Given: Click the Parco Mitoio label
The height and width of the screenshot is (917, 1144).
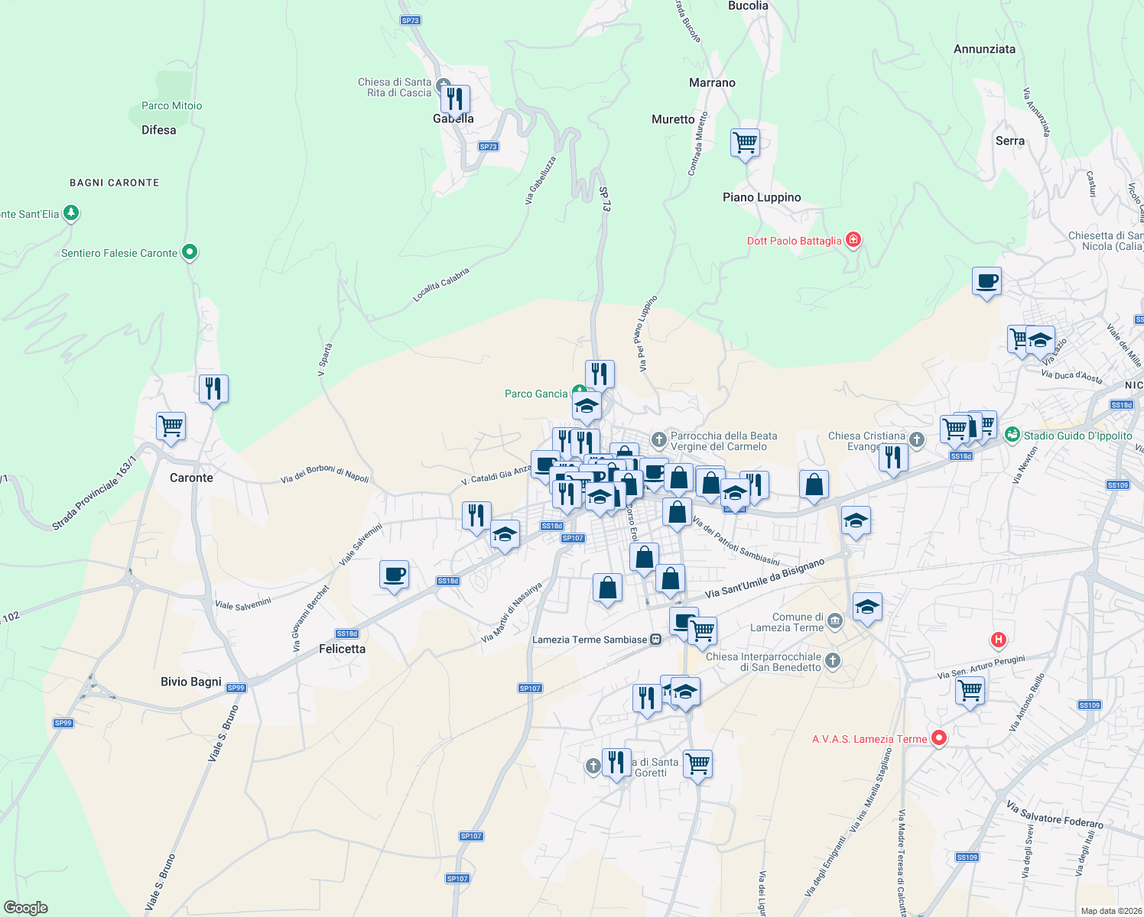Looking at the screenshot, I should tap(171, 106).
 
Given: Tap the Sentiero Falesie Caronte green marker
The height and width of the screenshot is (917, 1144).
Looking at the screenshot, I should tap(190, 251).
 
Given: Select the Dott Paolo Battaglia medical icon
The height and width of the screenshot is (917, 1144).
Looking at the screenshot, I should tap(853, 240).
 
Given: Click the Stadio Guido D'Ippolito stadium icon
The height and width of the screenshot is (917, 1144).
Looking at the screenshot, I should tap(1012, 435).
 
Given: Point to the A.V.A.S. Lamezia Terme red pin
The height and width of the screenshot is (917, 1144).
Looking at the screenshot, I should tap(939, 737).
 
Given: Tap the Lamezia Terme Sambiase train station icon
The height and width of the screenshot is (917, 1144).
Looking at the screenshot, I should tap(655, 640).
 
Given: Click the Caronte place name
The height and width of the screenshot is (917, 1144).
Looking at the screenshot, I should tap(191, 478).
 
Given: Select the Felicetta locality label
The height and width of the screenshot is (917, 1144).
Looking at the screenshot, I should tap(342, 649).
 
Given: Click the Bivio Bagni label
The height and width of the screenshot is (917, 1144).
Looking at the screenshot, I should tap(191, 682).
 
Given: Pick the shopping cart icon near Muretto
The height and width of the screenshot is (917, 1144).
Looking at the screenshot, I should tap(745, 142).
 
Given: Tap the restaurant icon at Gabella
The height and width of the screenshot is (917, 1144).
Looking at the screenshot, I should tap(455, 99).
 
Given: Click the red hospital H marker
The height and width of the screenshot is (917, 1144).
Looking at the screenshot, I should tap(998, 639).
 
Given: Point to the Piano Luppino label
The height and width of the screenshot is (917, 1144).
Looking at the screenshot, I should tap(762, 197).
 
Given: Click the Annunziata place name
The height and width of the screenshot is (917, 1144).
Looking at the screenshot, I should tap(984, 49).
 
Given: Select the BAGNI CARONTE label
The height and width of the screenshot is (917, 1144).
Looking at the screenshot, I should tap(115, 183).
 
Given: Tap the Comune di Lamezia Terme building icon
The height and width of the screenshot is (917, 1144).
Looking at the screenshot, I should tap(835, 621).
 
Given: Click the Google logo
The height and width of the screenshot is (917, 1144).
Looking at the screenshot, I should tap(26, 908).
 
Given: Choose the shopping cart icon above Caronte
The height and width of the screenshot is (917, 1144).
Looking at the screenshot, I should tap(171, 426).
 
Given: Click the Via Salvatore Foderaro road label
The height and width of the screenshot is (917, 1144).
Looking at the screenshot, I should tap(1055, 815).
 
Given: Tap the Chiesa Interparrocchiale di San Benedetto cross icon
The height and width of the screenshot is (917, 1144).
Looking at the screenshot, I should tap(833, 660).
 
